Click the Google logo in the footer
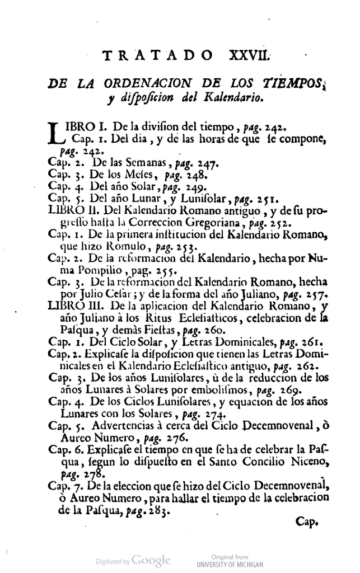click(x=150, y=560)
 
